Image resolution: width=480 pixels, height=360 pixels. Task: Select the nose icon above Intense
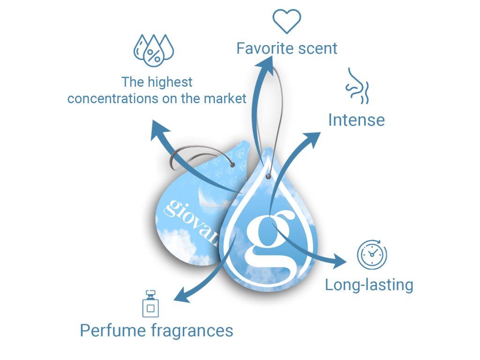click(x=358, y=86)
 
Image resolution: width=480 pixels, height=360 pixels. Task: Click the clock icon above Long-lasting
click(x=372, y=255)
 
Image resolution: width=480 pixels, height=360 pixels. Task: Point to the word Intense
click(x=356, y=120)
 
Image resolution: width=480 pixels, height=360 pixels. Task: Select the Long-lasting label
click(x=369, y=285)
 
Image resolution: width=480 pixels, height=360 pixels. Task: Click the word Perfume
click(x=113, y=330)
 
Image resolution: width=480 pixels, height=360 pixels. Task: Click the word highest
click(x=170, y=82)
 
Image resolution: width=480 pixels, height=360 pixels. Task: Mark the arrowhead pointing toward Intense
click(x=313, y=137)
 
